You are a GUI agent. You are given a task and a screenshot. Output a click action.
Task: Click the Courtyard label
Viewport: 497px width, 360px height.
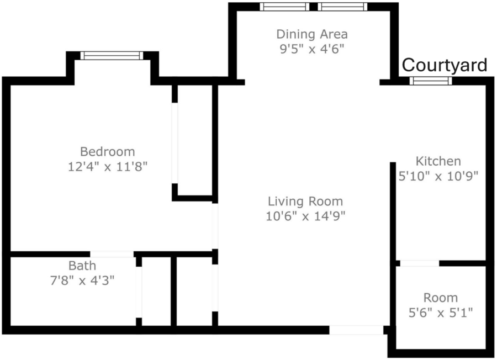tap(445, 65)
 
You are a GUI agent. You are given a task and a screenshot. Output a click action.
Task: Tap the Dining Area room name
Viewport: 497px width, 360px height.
tap(312, 34)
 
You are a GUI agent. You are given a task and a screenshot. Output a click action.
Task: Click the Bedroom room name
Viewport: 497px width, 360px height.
tap(108, 151)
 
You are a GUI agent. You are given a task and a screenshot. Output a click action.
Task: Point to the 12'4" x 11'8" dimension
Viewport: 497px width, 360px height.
tap(108, 166)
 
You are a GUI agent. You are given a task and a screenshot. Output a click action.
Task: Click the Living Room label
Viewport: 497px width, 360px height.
tap(305, 201)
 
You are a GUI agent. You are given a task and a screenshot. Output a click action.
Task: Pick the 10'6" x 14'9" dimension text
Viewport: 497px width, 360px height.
tap(305, 216)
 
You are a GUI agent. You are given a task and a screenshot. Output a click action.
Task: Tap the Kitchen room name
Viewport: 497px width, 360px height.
tap(438, 161)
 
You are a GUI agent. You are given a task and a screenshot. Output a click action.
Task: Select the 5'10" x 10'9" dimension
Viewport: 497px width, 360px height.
tap(438, 176)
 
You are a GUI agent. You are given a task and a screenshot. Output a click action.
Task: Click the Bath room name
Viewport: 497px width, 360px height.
tap(82, 266)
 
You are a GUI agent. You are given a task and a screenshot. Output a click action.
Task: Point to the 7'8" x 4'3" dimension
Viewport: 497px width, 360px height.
tap(82, 280)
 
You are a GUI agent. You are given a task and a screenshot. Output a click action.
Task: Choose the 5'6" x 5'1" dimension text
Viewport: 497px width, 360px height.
tap(441, 313)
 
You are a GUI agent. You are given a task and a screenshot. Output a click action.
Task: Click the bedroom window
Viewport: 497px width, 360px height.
tap(112, 55)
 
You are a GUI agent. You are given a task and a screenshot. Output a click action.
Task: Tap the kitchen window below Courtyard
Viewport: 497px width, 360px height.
tap(430, 81)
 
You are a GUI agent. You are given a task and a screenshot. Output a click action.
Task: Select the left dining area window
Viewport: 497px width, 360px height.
tap(284, 7)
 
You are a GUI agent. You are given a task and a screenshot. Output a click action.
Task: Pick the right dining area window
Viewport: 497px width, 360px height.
tap(342, 7)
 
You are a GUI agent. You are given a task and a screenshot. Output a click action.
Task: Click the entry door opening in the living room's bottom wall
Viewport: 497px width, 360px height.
tap(356, 330)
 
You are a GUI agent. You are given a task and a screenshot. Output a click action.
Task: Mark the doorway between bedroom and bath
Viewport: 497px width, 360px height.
tap(112, 254)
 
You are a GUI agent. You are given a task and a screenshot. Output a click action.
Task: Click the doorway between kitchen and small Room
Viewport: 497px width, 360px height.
tap(420, 263)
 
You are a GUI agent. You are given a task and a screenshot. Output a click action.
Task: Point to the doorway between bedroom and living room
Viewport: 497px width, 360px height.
tap(215, 226)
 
